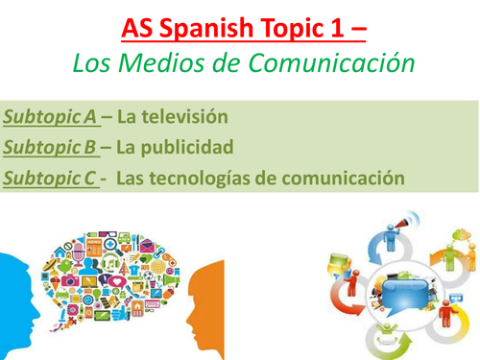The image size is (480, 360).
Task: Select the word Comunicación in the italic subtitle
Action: point(330,64)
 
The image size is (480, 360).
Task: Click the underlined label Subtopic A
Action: point(50,119)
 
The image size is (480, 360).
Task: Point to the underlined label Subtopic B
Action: point(50,149)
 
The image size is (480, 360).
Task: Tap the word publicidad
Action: point(184,149)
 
